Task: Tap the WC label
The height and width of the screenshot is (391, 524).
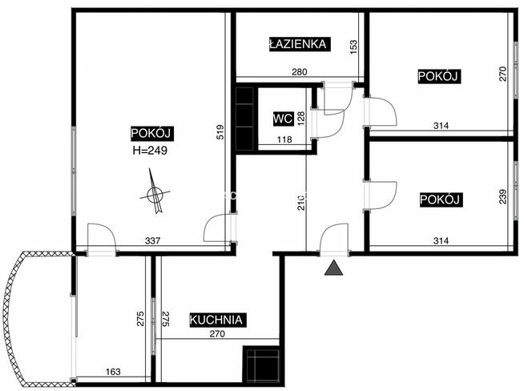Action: point(284,119)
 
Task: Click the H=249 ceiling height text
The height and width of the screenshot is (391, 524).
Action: point(150,151)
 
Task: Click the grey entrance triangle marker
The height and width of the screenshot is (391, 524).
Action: point(333,268)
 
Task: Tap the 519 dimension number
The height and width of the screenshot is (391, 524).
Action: point(220,132)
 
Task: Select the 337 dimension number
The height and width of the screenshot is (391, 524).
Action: point(152,240)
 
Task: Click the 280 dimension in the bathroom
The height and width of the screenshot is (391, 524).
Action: point(300,72)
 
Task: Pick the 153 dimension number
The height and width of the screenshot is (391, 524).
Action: point(353,45)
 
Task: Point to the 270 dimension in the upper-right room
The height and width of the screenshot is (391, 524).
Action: point(502,75)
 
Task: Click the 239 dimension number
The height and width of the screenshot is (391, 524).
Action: point(502,197)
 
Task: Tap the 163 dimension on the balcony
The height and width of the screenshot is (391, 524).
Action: point(113,372)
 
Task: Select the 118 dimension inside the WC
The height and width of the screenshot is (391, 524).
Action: point(284,139)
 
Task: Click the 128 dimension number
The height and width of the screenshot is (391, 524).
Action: point(301,119)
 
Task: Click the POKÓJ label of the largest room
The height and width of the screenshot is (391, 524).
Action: point(152,133)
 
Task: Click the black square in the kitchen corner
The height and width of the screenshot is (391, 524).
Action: point(261,365)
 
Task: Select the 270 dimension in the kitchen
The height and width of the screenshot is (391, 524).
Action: point(217,333)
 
